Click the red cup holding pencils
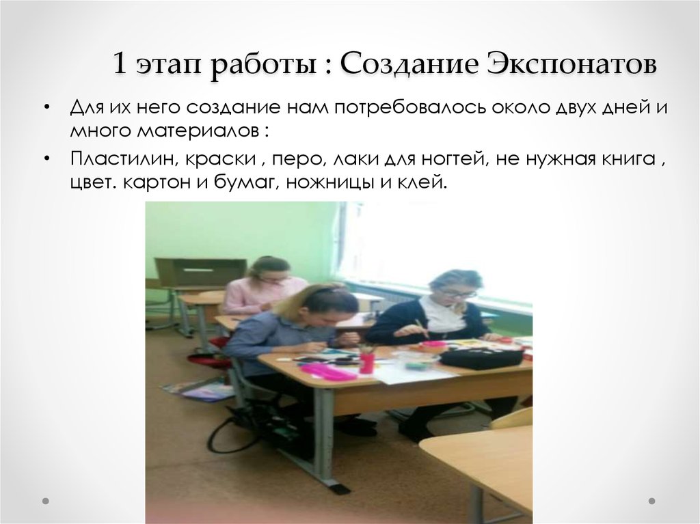click(x=367, y=362)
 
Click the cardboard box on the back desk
click(x=199, y=271)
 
